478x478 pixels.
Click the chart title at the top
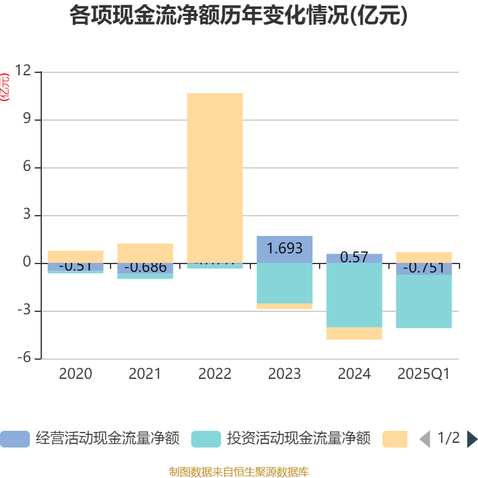click(238, 16)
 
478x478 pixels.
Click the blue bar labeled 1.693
click(284, 249)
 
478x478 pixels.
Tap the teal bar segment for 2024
click(354, 295)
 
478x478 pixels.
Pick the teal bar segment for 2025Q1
click(424, 302)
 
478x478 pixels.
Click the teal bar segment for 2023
click(284, 283)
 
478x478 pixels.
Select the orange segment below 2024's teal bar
click(354, 333)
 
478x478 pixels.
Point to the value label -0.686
click(145, 267)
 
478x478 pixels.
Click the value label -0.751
click(424, 268)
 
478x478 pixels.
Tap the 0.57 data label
click(354, 258)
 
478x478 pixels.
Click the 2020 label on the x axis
click(75, 374)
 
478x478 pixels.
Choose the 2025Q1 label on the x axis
click(424, 374)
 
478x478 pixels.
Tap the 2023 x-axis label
click(284, 374)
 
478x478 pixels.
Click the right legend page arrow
click(472, 439)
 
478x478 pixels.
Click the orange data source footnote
click(238, 472)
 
